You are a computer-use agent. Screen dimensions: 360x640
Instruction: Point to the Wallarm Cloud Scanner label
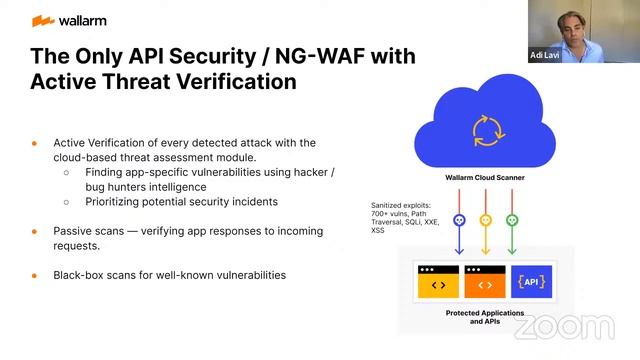tap(485, 178)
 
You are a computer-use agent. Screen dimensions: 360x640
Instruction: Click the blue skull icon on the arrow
tap(459, 220)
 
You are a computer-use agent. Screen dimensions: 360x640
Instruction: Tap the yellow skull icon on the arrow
tap(486, 220)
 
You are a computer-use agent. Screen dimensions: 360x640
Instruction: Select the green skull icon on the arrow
tap(512, 220)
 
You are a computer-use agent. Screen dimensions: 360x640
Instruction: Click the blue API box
tap(530, 283)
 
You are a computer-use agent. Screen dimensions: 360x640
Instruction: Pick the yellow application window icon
tap(438, 283)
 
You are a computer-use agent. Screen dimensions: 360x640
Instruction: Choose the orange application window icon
tap(484, 283)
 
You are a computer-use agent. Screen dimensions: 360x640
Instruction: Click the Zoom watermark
tap(565, 327)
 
